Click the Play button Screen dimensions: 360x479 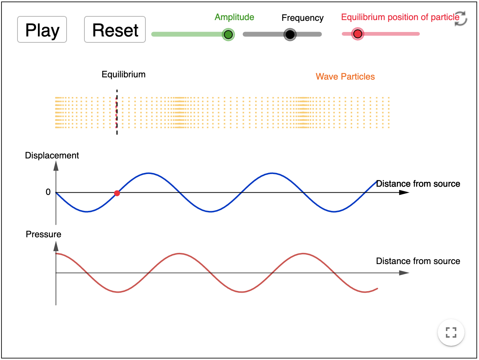pyautogui.click(x=42, y=30)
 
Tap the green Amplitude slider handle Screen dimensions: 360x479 pyautogui.click(x=228, y=35)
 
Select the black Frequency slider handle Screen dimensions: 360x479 pyautogui.click(x=290, y=35)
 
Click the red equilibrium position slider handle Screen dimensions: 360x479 pyautogui.click(x=358, y=34)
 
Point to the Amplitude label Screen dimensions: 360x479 pyautogui.click(x=234, y=17)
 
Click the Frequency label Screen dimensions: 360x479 pyautogui.click(x=302, y=18)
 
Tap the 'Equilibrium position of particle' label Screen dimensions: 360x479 pyautogui.click(x=400, y=17)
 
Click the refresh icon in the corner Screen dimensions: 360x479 pyautogui.click(x=461, y=18)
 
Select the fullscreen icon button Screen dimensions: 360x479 pyautogui.click(x=451, y=332)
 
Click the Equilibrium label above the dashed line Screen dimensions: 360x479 pyautogui.click(x=123, y=74)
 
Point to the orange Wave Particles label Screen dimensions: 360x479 pyautogui.click(x=345, y=77)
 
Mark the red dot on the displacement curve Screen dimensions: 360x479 pyautogui.click(x=117, y=193)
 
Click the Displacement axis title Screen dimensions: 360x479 pyautogui.click(x=52, y=155)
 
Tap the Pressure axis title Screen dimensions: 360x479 pyautogui.click(x=44, y=234)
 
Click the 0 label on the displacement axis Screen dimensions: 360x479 pyautogui.click(x=48, y=192)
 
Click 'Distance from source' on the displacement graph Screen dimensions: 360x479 pyautogui.click(x=418, y=184)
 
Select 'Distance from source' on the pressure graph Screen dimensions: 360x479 pyautogui.click(x=418, y=261)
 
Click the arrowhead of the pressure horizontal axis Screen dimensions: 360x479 pyautogui.click(x=404, y=273)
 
